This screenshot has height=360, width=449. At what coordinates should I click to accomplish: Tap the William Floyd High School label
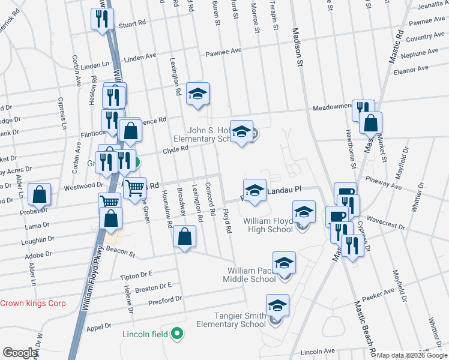point(268,225)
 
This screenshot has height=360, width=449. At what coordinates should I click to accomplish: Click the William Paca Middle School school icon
point(284,263)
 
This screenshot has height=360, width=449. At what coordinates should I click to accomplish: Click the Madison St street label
point(297,44)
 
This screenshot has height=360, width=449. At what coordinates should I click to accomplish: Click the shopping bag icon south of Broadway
point(185,236)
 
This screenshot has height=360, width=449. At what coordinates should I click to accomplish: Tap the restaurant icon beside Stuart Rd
point(101,19)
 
